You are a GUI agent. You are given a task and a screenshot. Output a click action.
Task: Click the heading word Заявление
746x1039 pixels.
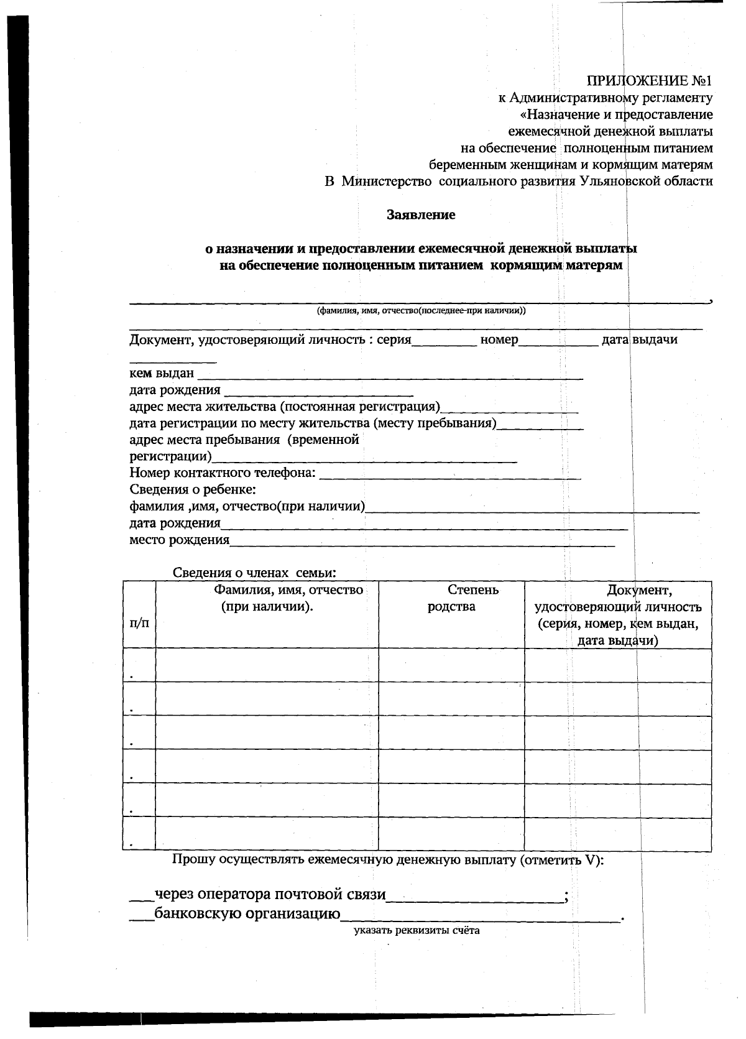pyautogui.click(x=421, y=215)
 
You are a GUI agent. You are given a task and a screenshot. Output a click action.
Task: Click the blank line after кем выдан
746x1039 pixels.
pyautogui.click(x=389, y=374)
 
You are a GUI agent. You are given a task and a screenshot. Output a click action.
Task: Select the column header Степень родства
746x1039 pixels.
pyautogui.click(x=451, y=598)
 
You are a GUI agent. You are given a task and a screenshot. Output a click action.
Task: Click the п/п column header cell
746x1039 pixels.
pyautogui.click(x=139, y=622)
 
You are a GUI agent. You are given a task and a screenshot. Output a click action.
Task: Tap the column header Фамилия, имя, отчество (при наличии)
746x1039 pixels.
pyautogui.click(x=267, y=598)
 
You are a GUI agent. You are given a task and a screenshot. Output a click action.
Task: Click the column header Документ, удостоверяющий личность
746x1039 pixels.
pyautogui.click(x=618, y=614)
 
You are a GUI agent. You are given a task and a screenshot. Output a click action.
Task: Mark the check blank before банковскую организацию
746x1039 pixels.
pyautogui.click(x=141, y=915)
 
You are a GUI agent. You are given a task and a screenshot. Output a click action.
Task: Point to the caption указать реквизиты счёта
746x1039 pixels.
pyautogui.click(x=417, y=931)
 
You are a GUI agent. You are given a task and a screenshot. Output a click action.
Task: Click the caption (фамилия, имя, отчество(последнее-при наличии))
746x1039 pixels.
pyautogui.click(x=421, y=311)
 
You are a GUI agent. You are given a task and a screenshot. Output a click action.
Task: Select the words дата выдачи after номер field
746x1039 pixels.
pyautogui.click(x=640, y=339)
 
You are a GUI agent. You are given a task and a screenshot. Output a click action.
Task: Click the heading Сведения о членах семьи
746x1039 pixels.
pyautogui.click(x=255, y=573)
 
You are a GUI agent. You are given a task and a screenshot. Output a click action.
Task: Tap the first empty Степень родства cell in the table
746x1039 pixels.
pyautogui.click(x=451, y=665)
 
